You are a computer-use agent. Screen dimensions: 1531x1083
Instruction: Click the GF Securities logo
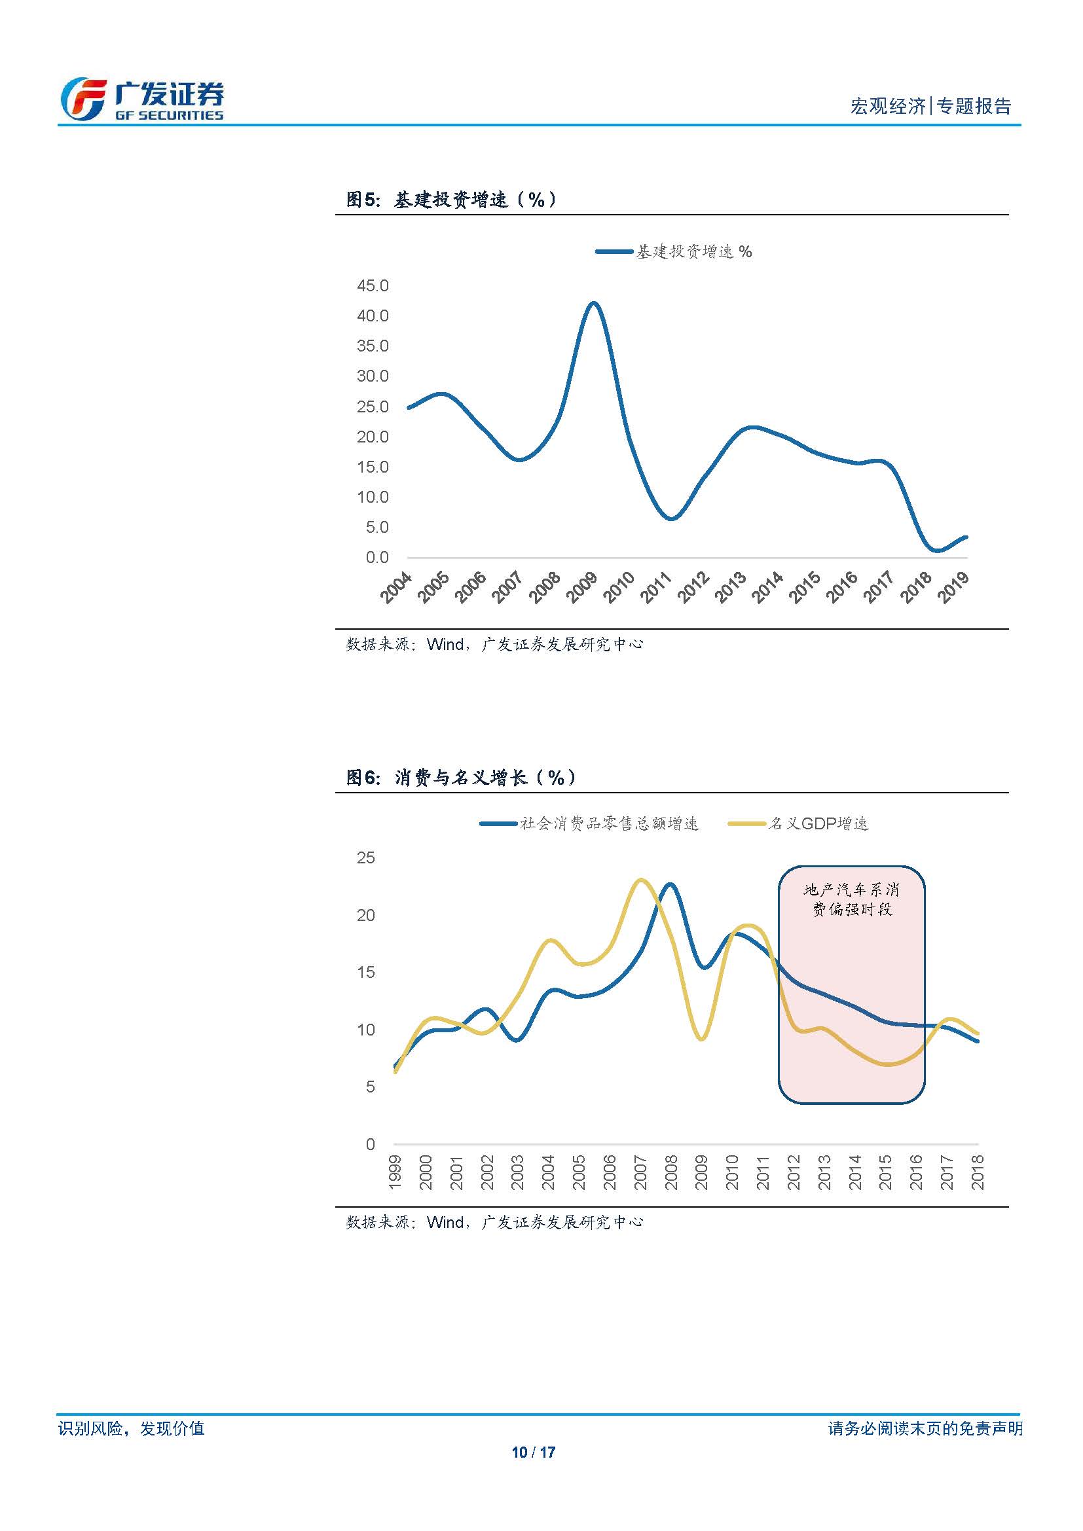(x=142, y=99)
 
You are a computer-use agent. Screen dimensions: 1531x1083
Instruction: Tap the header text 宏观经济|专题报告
(x=930, y=106)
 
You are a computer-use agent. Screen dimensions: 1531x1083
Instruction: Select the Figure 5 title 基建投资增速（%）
(x=452, y=200)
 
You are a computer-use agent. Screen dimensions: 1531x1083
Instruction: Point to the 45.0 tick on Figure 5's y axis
(x=372, y=286)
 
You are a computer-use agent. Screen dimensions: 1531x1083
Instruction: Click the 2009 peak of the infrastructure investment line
(x=593, y=304)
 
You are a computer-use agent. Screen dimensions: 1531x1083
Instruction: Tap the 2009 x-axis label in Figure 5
(x=581, y=587)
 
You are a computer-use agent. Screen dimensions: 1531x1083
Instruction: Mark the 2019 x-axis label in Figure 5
(x=953, y=587)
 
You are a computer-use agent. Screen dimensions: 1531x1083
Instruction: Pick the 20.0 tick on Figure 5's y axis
(x=372, y=437)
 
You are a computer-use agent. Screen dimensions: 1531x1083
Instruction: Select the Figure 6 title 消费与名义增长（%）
(x=461, y=778)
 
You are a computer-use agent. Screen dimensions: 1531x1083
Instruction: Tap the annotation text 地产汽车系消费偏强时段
(x=852, y=899)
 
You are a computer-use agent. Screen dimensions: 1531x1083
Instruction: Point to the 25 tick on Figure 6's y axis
(x=366, y=858)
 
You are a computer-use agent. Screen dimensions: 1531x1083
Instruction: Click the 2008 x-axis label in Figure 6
(x=671, y=1172)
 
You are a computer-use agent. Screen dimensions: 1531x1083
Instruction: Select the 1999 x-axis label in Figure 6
(x=395, y=1172)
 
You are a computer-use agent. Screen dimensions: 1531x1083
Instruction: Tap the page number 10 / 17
(x=534, y=1452)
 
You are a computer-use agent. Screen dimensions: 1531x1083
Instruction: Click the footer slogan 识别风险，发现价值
(x=132, y=1428)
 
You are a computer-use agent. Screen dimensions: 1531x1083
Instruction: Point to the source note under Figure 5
(x=494, y=644)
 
